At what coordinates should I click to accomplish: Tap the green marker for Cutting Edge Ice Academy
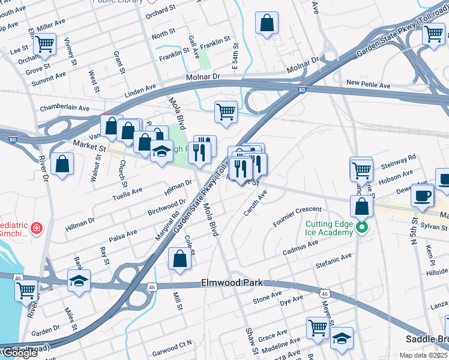pos(361,227)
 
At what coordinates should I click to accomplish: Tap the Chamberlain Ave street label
pos(64,108)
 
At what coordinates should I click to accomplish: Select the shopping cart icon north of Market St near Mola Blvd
pos(226,111)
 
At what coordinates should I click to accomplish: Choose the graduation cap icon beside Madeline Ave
pos(342,337)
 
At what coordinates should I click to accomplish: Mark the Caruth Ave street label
pos(255,203)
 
